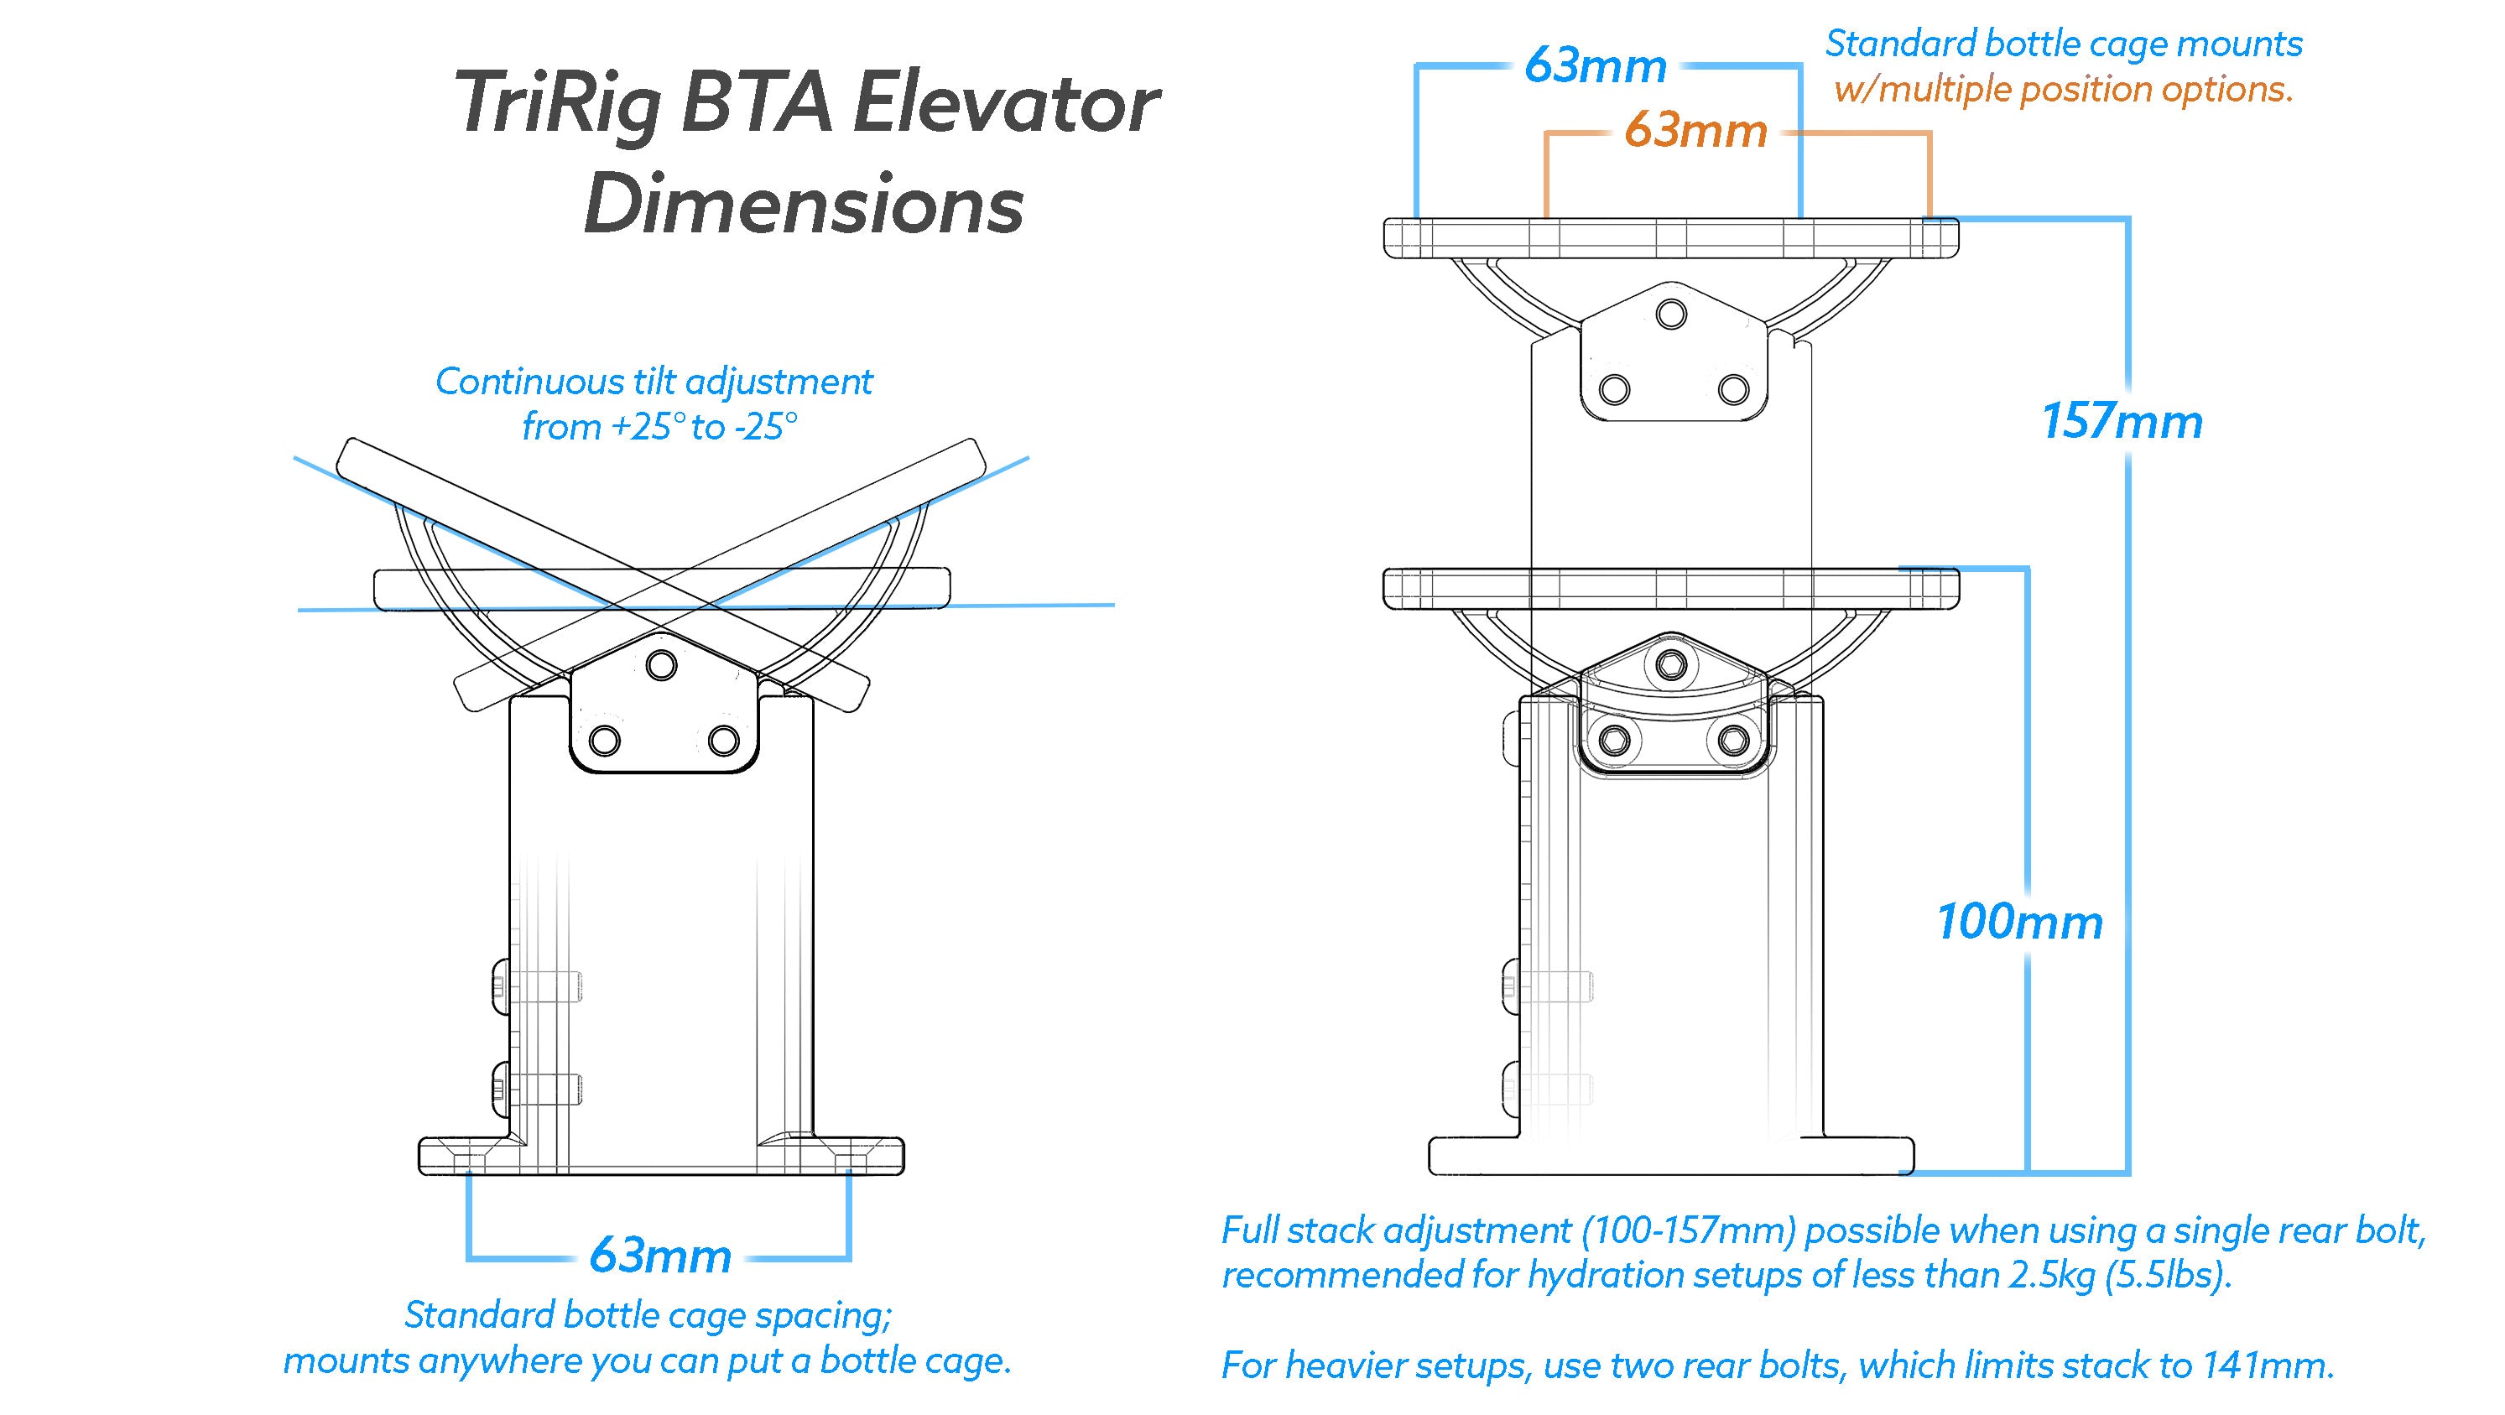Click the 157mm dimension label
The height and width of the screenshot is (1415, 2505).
coord(2122,422)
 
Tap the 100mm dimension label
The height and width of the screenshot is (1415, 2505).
coord(2020,922)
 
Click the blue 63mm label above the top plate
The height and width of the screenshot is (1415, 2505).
coord(1595,66)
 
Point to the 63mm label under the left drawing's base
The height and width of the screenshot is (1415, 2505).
coord(660,1256)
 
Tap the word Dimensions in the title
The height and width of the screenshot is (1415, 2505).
coord(805,206)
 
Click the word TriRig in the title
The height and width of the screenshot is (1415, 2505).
coord(556,105)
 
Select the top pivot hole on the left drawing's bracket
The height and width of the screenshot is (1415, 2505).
coord(662,666)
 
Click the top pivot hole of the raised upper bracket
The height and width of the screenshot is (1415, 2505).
coord(1672,315)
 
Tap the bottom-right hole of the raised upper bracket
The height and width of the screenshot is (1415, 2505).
coord(1733,390)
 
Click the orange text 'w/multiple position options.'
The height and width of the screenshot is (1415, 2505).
coord(2064,90)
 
